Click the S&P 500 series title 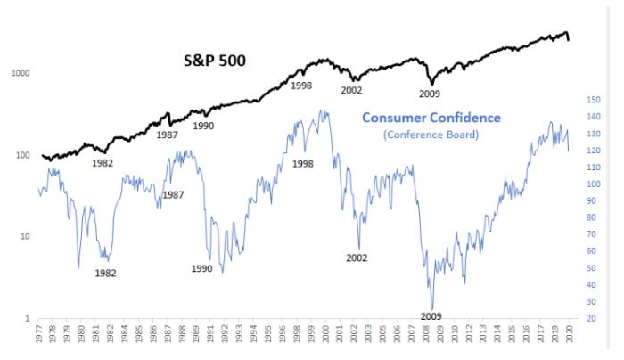[x=214, y=63]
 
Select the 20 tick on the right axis [x=593, y=318]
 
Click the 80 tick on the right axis [x=593, y=217]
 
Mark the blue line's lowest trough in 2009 [x=432, y=307]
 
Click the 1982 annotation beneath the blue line [x=105, y=274]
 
